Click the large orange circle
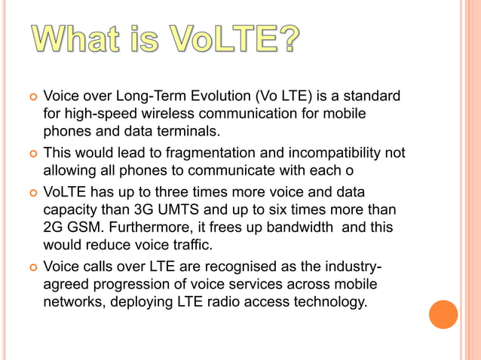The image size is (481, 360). click(443, 314)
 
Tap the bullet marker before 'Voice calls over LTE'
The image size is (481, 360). click(32, 268)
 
